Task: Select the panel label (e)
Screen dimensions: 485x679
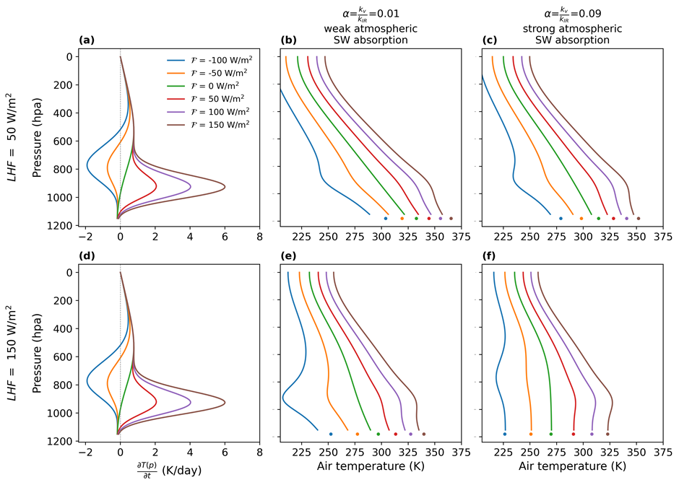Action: [286, 257]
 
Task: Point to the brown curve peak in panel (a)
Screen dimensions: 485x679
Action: [225, 187]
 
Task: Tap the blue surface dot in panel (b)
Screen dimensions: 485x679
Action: [386, 218]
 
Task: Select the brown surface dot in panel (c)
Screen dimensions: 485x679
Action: [638, 218]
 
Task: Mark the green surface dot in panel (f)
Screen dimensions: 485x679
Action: [551, 434]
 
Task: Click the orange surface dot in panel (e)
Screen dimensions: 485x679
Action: [358, 434]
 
